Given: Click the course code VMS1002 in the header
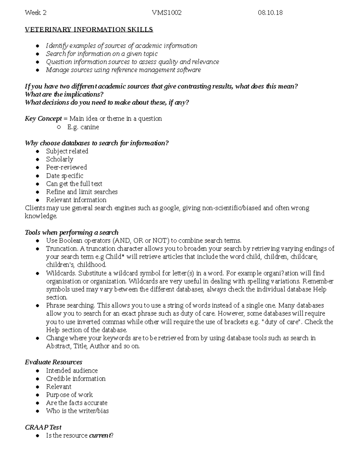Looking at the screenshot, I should click(x=166, y=13).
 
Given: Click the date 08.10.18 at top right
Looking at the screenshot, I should click(x=270, y=13).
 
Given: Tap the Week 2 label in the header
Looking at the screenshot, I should click(x=36, y=13).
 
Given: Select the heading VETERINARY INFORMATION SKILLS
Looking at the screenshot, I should click(x=89, y=29).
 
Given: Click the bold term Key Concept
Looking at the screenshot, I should click(x=43, y=119).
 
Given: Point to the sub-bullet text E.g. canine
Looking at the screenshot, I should click(x=83, y=127).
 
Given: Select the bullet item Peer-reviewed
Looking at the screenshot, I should click(x=66, y=167).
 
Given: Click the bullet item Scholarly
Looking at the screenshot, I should click(x=59, y=159).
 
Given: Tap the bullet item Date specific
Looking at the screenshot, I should click(x=64, y=176).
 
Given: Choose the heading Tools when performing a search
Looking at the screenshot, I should click(x=71, y=233).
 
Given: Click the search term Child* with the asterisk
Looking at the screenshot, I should click(x=113, y=257).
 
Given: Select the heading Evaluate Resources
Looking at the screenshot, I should click(x=53, y=362).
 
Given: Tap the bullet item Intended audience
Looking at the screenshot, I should click(x=72, y=371).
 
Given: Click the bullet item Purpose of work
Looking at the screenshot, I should click(x=69, y=395).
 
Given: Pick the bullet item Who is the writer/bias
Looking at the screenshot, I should click(x=77, y=411).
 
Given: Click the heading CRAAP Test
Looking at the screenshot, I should click(x=43, y=427).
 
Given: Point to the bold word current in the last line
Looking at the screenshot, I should click(x=100, y=435).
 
